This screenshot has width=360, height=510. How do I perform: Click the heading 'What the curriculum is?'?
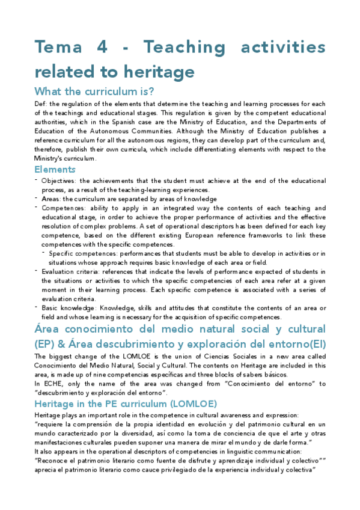(94, 91)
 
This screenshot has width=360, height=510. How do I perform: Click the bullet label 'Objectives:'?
(59, 181)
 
